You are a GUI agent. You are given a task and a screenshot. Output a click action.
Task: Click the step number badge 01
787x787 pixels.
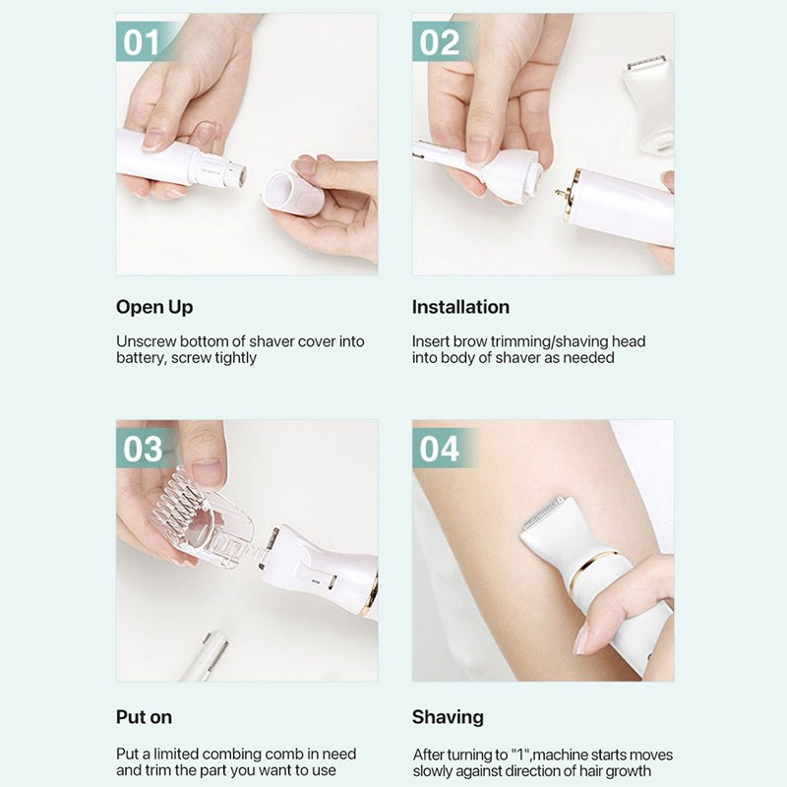(x=141, y=41)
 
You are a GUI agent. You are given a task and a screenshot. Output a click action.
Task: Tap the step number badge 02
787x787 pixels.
(x=439, y=41)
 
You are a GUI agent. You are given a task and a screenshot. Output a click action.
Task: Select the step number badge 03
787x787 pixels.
(x=143, y=449)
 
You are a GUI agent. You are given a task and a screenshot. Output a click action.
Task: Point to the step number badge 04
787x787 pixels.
(x=439, y=449)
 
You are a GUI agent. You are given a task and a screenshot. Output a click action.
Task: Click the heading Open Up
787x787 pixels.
(x=154, y=307)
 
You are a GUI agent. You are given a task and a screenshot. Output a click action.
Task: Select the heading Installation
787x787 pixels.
(x=460, y=307)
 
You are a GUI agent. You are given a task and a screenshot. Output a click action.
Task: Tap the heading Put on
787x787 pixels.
(x=144, y=717)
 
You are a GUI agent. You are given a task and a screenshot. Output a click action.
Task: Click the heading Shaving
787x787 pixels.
(x=448, y=717)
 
